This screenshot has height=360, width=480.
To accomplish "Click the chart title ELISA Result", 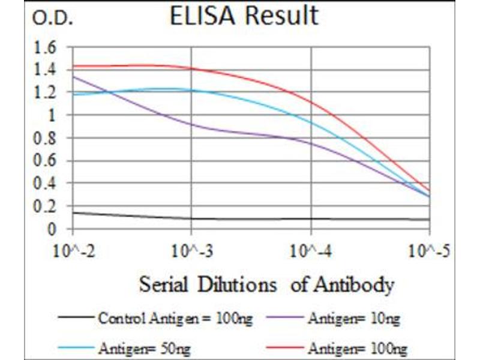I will click(x=244, y=16).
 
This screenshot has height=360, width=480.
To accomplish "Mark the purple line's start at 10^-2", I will click(x=73, y=76).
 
